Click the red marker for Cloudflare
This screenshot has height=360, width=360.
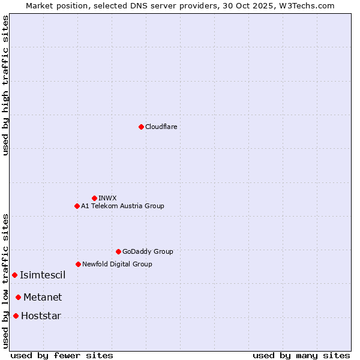[x=141, y=127]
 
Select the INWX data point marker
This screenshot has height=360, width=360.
[x=94, y=198]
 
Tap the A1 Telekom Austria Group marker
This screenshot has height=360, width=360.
[x=77, y=206]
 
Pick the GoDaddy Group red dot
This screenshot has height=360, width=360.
[x=118, y=251]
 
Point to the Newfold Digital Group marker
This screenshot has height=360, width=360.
[x=78, y=264]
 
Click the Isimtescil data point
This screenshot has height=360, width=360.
[x=14, y=275]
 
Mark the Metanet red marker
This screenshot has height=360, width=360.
[x=18, y=297]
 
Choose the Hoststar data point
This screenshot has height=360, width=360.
[x=16, y=316]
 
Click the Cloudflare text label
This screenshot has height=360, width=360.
[x=161, y=127]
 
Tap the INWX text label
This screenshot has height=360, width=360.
[x=107, y=198]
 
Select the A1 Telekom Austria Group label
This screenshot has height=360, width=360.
[x=122, y=206]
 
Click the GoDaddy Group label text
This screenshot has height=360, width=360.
[x=148, y=251]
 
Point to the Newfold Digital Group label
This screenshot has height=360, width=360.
[x=117, y=264]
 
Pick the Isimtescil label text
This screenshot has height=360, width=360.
[x=43, y=275]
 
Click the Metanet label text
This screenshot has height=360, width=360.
[x=43, y=297]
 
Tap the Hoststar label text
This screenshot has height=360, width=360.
[x=41, y=316]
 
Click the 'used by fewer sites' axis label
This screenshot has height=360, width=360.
[x=62, y=355]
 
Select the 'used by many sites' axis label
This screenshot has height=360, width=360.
[x=301, y=355]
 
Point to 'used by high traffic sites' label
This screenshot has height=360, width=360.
[x=5, y=85]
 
